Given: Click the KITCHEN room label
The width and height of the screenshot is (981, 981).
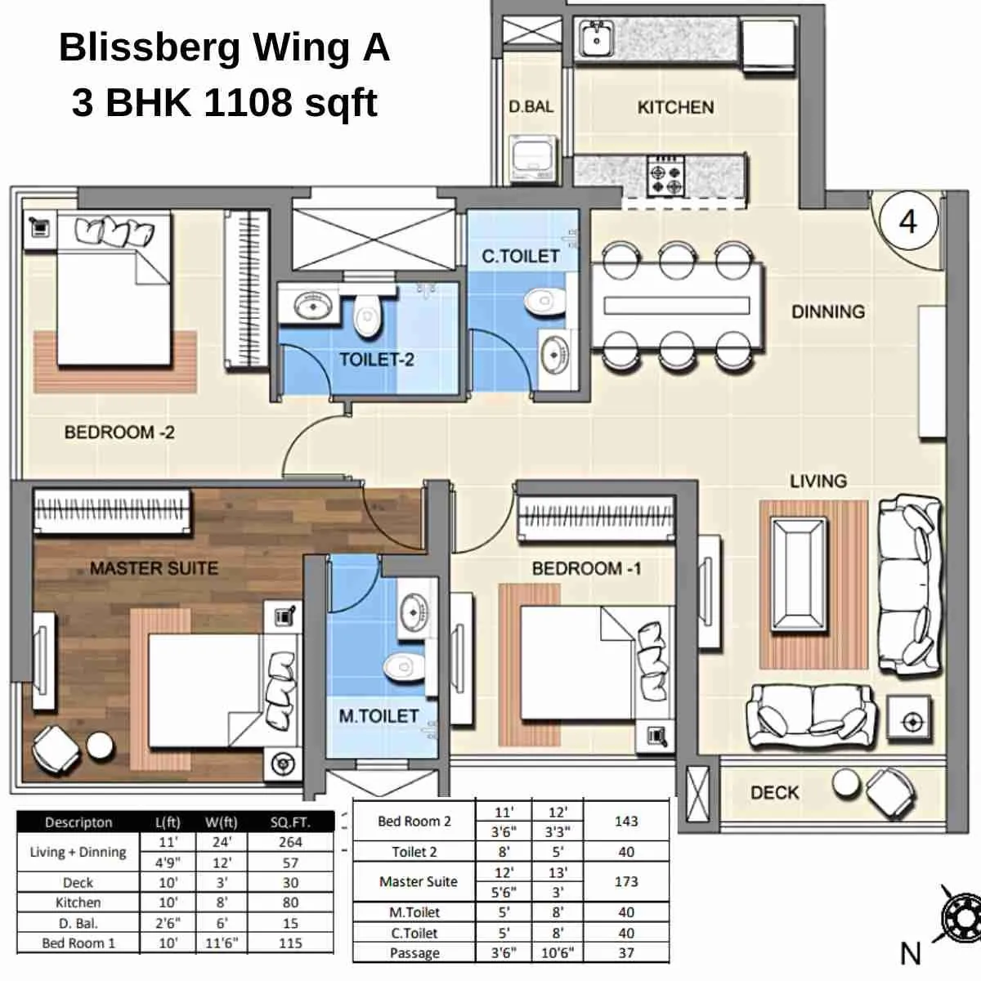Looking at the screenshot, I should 675,107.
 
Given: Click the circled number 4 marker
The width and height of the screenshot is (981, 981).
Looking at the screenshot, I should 907,221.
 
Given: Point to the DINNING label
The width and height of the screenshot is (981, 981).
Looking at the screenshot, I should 827,311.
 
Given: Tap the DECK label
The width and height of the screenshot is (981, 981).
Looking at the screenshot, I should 774,792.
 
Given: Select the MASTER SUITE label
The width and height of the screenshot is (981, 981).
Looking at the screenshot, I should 154,568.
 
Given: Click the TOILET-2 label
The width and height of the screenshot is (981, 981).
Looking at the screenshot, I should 377,359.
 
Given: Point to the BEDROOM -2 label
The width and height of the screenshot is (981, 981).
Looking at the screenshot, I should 119,432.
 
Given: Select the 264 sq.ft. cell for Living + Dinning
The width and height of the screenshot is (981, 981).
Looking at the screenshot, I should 290,842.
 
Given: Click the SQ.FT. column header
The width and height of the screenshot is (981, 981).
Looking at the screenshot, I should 290,822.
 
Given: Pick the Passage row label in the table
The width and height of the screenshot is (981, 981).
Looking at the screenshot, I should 414,953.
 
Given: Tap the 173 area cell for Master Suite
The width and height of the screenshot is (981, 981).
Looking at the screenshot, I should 626,882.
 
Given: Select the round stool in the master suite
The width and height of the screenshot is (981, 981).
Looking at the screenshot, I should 101,745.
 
